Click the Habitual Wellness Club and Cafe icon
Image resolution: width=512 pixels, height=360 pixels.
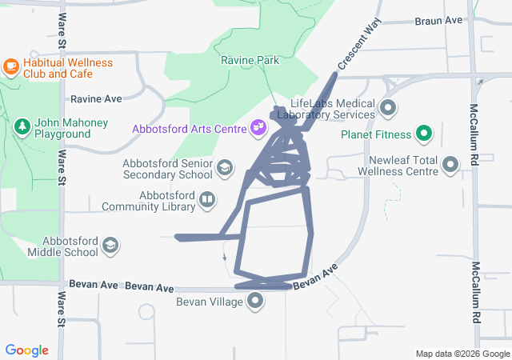11,64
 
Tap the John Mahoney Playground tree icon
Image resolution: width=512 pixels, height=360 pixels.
22,126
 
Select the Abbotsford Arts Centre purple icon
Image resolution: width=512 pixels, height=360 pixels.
258,126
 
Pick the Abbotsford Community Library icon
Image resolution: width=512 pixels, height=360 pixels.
207,198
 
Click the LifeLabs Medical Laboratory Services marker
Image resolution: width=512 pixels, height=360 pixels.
389,107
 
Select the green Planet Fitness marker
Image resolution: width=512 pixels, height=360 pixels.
425,134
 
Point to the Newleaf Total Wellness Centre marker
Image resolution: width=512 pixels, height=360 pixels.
451,166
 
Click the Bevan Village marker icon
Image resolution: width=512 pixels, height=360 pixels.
256,302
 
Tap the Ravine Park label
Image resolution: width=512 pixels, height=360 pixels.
250,60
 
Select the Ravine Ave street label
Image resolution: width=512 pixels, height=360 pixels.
96,99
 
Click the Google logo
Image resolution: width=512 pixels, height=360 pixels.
27,350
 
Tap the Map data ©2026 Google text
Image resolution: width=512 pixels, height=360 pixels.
462,354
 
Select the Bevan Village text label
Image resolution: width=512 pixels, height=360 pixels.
210,302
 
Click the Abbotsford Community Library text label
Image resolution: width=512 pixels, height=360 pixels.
149,200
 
